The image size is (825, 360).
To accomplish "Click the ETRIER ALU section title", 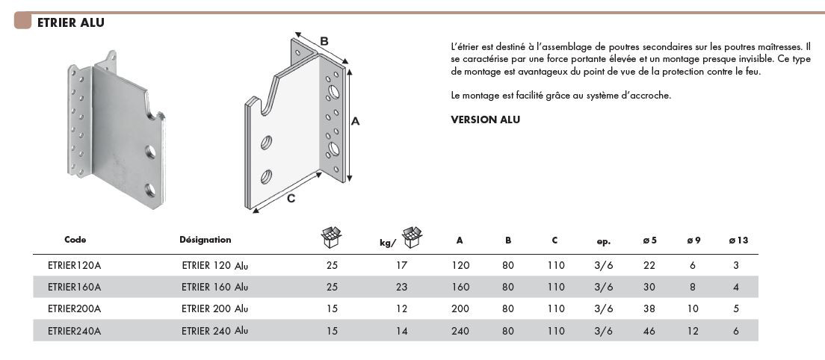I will coord(70,22).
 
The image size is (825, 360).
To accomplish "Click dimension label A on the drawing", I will coord(356,120).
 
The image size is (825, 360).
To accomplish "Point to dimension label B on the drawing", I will coord(324,40).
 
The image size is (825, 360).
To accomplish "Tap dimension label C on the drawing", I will coord(291,198).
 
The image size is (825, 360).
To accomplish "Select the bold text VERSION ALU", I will coord(485,120).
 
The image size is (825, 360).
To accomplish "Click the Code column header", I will coord(75,240).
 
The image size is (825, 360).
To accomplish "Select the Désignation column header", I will coord(206,240).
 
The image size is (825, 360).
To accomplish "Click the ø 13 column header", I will coord(738,240).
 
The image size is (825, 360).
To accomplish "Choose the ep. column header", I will coord(604,241).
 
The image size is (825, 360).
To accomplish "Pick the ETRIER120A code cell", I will coord(74,265).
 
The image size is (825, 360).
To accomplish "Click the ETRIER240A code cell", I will coord(74,330).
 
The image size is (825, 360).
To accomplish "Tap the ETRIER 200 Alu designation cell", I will coord(214,308).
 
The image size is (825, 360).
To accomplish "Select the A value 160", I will coord(460,287).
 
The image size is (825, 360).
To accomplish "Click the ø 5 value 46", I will coord(649,330).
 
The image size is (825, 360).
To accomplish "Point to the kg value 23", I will coord(402,287).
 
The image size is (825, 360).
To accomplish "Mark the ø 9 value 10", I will coord(693,308).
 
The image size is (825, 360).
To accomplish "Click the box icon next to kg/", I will coord(412,238).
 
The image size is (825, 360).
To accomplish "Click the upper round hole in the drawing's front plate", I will coord(267,142).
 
